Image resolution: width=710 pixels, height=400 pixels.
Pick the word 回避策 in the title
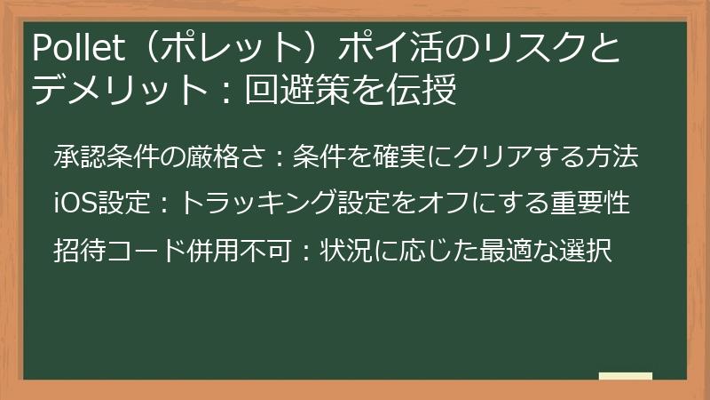click(307, 90)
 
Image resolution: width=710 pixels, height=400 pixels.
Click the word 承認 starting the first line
click(77, 157)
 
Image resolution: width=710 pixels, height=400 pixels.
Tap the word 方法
click(615, 157)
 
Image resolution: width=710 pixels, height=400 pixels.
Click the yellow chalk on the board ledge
click(625, 377)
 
